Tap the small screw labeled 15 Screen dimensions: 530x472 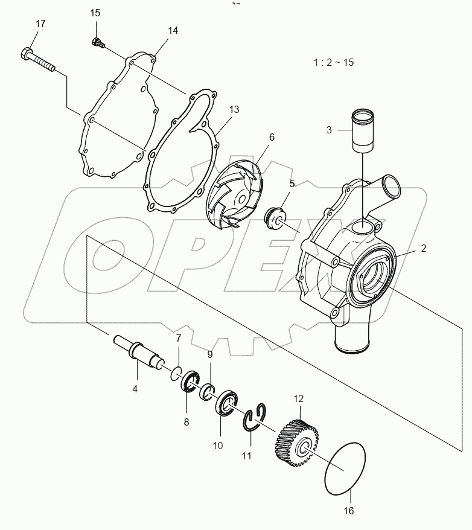pyautogui.click(x=97, y=42)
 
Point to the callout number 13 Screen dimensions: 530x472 pyautogui.click(x=234, y=109)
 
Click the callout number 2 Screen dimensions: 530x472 pyautogui.click(x=423, y=247)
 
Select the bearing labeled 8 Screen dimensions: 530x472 pyautogui.click(x=192, y=385)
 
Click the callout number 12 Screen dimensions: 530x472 pyautogui.click(x=299, y=398)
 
